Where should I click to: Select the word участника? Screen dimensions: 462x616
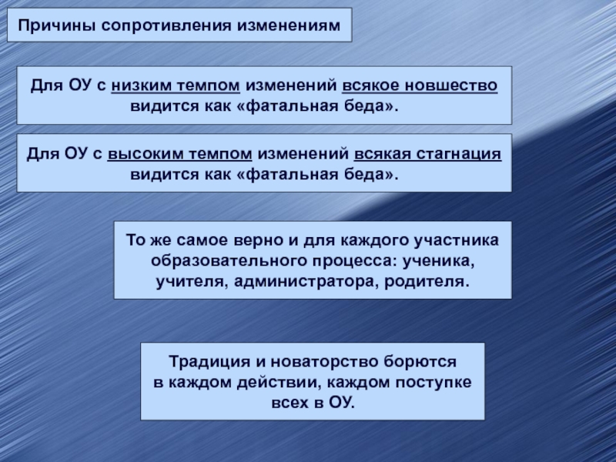460,241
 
